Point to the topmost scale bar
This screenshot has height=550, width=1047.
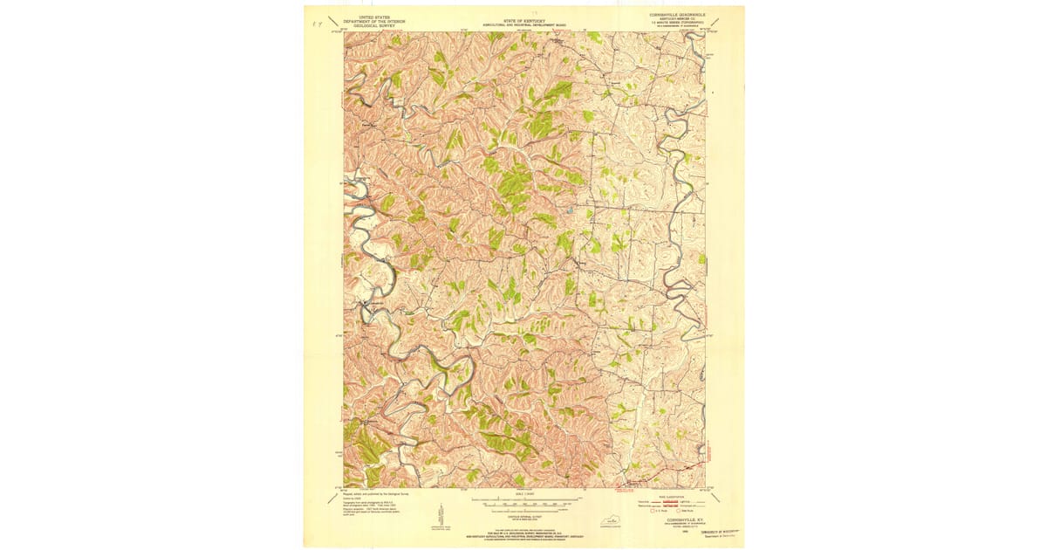pyautogui.click(x=522, y=503)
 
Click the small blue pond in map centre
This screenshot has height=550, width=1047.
pyautogui.click(x=570, y=210)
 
